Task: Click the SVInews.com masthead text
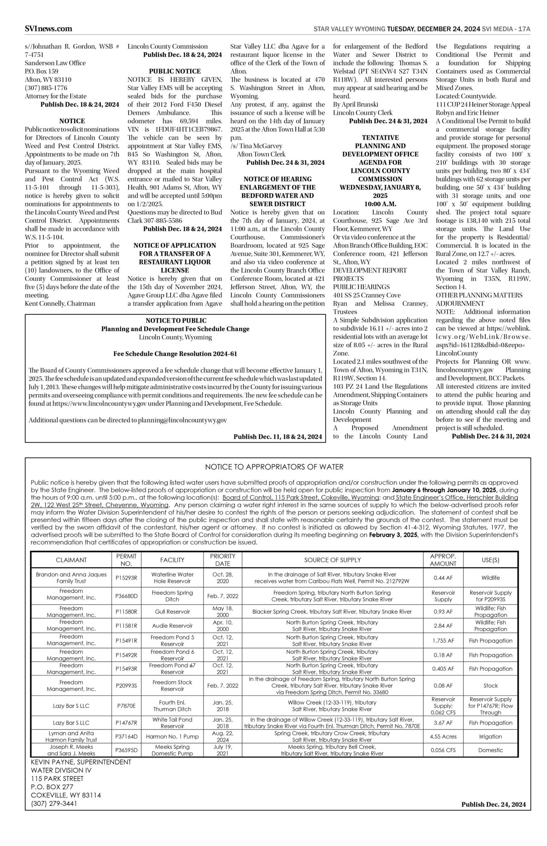[x=48, y=29]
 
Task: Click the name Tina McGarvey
[x=260, y=146]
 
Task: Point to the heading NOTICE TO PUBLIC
[x=176, y=321]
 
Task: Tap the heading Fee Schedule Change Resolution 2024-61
[x=175, y=354]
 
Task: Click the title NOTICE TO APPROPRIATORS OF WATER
[x=274, y=467]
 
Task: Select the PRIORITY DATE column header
[x=223, y=560]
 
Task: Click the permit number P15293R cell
[x=126, y=577]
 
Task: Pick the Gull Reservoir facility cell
[x=172, y=611]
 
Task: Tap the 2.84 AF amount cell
[x=443, y=626]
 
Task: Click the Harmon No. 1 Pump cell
[x=172, y=737]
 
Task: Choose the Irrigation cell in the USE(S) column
[x=490, y=737]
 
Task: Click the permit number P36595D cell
[x=126, y=750]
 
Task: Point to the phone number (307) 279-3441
[x=54, y=803]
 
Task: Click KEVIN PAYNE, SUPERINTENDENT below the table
[x=81, y=762]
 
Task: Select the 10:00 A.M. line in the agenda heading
[x=380, y=204]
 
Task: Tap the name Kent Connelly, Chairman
[x=60, y=304]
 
